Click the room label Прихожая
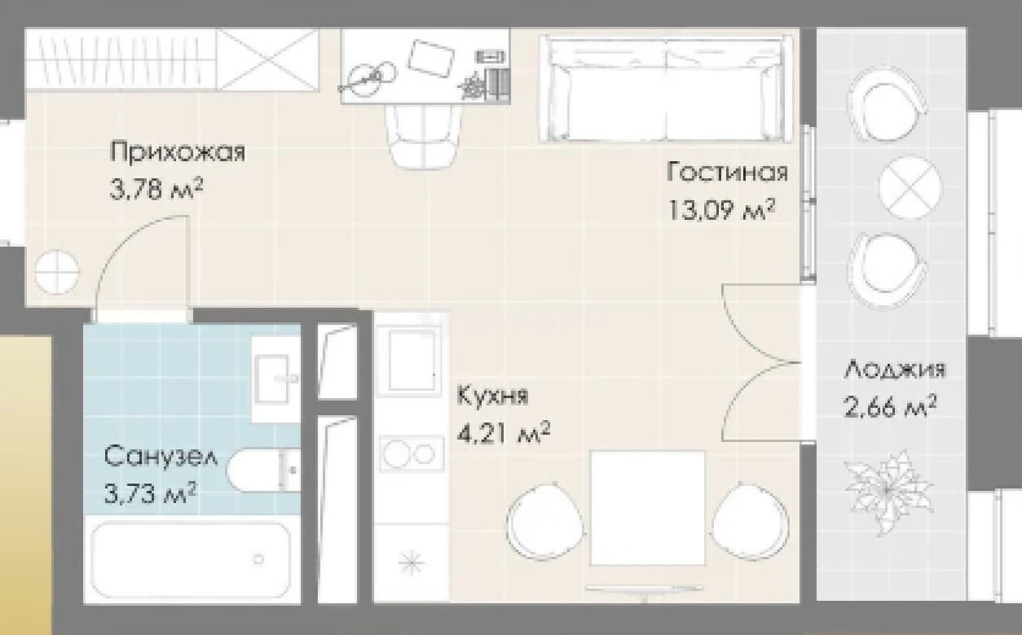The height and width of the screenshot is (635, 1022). (178, 151)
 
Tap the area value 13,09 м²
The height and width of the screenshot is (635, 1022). (722, 210)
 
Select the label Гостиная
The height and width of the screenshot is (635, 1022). (727, 173)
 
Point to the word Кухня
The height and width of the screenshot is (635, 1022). (492, 396)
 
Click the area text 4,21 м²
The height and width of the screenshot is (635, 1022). (503, 433)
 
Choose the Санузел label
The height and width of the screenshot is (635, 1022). (161, 457)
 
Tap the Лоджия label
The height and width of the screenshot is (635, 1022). (894, 370)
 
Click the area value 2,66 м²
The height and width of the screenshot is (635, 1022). (890, 407)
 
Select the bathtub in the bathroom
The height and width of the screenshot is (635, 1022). (192, 560)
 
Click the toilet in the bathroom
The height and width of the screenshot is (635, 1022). (264, 471)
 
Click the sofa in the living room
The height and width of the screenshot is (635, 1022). (667, 89)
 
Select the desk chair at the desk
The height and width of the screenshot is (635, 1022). (424, 137)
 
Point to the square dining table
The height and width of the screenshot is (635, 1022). (647, 508)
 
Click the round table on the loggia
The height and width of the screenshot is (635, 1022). (910, 188)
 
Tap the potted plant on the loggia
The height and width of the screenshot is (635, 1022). (887, 492)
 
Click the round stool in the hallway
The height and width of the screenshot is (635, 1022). (57, 272)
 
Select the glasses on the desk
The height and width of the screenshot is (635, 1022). (368, 81)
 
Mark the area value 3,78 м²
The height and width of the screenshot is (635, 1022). (156, 189)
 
